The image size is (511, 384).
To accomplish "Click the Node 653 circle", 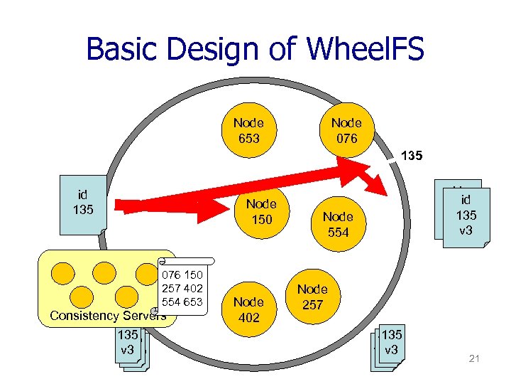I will point(248,129).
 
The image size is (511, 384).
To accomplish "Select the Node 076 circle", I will point(346,129).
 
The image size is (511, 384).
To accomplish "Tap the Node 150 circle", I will point(262,211).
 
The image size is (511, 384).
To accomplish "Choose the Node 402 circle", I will point(248,309).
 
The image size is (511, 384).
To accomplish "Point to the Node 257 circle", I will point(312,297).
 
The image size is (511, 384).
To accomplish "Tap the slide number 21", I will point(474,358).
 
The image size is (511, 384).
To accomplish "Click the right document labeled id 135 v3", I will point(466,215).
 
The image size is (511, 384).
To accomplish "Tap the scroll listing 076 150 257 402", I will point(182,288).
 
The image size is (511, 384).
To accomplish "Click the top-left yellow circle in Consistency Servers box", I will point(65,270).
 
